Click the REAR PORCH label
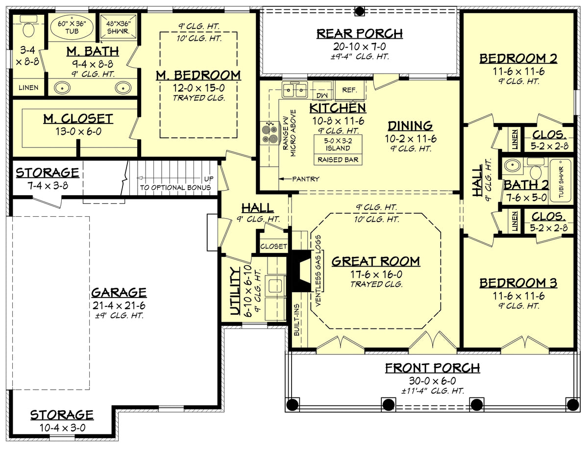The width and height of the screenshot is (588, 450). [x=359, y=33]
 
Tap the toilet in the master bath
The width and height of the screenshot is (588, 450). [x=28, y=28]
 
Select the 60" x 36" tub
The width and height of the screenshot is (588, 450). [x=72, y=28]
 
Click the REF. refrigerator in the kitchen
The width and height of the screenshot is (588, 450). [x=349, y=90]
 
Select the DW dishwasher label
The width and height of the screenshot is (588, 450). [x=322, y=94]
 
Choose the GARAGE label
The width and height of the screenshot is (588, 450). [x=119, y=293]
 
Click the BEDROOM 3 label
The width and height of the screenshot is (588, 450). [x=518, y=283]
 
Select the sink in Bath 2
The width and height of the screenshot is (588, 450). [x=513, y=166]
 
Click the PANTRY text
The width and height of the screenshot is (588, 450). [x=307, y=179]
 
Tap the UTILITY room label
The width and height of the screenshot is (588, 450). [x=235, y=291]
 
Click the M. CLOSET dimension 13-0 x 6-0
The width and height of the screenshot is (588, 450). [x=77, y=131]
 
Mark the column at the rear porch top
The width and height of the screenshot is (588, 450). [x=359, y=11]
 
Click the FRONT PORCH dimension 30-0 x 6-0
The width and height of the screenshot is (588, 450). [x=432, y=380]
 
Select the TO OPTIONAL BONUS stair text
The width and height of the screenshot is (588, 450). [x=176, y=187]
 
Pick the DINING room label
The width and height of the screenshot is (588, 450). [x=410, y=125]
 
